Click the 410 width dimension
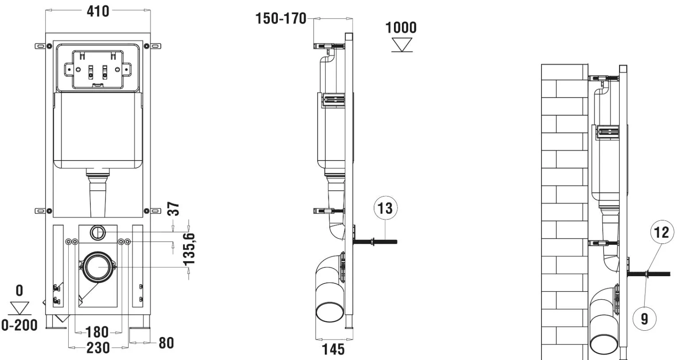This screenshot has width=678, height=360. click(x=98, y=12)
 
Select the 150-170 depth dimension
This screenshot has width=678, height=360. click(x=281, y=19)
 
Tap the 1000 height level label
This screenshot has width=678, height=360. click(x=401, y=27)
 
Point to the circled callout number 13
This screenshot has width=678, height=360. click(x=386, y=208)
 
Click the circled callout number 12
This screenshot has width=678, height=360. click(x=662, y=232)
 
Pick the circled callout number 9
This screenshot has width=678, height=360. click(x=644, y=319)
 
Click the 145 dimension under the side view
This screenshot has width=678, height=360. click(x=333, y=349)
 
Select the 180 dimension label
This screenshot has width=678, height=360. click(x=97, y=332)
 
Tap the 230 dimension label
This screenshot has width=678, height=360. click(x=98, y=348)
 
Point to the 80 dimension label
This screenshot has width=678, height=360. click(x=166, y=343)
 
